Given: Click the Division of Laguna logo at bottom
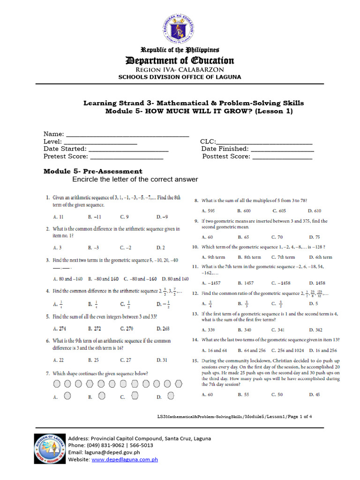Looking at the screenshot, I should (x=49, y=449).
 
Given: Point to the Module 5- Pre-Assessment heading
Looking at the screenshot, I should (x=93, y=171).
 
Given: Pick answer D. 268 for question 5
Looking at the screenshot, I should (x=163, y=329).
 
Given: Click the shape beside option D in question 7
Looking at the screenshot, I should (x=172, y=396).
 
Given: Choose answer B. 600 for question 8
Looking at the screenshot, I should (x=244, y=211).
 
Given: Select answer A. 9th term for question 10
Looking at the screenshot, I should (x=213, y=257).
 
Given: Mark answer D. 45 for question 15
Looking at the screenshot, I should (x=315, y=395).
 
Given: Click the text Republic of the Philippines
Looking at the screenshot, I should (x=180, y=50).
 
